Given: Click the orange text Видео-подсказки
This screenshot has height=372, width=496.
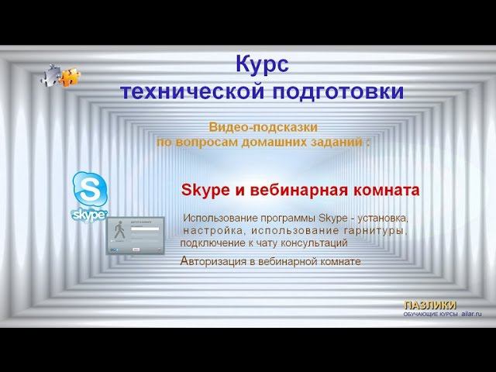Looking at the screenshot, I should (x=263, y=126).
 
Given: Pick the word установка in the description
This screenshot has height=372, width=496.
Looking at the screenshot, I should (x=380, y=218).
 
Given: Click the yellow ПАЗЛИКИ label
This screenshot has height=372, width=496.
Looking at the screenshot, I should (x=430, y=305).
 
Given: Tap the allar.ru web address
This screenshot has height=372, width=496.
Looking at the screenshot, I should (x=471, y=313).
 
